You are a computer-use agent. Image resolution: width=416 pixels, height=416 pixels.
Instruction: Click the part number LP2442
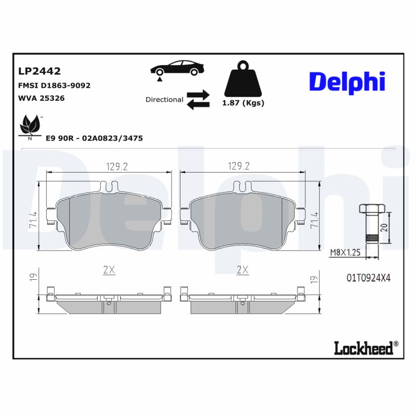click(x=40, y=71)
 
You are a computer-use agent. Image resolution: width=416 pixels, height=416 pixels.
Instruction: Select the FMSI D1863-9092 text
click(x=55, y=85)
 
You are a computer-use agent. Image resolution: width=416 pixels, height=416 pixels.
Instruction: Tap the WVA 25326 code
click(x=41, y=98)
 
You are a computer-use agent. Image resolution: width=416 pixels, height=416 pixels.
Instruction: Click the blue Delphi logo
click(x=347, y=81)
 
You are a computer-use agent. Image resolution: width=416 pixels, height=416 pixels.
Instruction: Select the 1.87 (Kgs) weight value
click(x=243, y=103)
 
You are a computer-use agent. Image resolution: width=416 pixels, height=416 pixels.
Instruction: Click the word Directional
click(x=164, y=99)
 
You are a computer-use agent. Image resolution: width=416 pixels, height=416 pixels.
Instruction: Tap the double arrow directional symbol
click(x=198, y=99)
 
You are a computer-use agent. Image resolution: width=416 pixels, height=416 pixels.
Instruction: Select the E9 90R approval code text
click(x=94, y=138)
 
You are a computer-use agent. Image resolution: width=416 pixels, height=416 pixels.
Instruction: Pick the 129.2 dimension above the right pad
click(x=239, y=166)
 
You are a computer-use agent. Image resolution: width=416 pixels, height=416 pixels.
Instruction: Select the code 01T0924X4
click(x=368, y=278)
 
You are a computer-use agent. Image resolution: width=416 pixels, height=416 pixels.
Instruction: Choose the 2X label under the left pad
click(x=109, y=270)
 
